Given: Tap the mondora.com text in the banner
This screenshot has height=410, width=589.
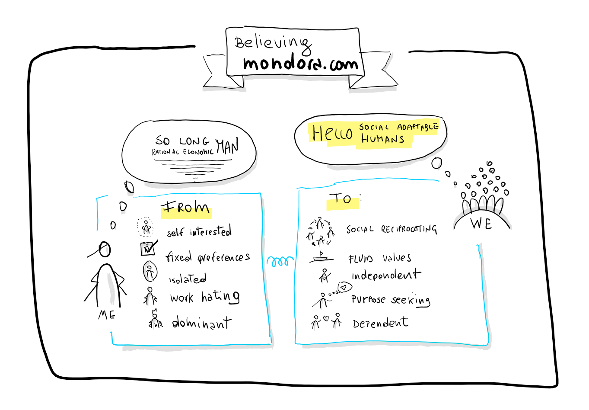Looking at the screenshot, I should pyautogui.click(x=300, y=64).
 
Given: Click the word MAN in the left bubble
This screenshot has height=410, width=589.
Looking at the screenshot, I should pyautogui.click(x=227, y=147).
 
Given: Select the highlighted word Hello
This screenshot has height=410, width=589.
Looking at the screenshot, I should pyautogui.click(x=332, y=133).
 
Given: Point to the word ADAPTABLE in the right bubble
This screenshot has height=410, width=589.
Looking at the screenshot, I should pyautogui.click(x=417, y=127).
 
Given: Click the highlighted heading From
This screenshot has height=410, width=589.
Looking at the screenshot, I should pyautogui.click(x=186, y=208).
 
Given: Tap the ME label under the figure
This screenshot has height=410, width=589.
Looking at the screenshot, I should pyautogui.click(x=107, y=314).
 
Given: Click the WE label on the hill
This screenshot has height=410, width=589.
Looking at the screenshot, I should pyautogui.click(x=481, y=224).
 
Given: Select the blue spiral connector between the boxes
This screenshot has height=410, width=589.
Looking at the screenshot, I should pyautogui.click(x=280, y=261).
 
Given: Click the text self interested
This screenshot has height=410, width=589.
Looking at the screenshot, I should pyautogui.click(x=199, y=232).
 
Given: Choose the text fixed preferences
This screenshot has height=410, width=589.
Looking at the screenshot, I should pyautogui.click(x=207, y=257).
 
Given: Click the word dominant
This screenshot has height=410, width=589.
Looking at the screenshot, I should pyautogui.click(x=201, y=323).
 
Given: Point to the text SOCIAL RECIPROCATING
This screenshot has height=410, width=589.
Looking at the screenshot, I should pyautogui.click(x=391, y=229).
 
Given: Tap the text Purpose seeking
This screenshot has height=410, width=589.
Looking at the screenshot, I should pyautogui.click(x=390, y=299).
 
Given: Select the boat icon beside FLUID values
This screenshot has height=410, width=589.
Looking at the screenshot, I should pyautogui.click(x=321, y=257).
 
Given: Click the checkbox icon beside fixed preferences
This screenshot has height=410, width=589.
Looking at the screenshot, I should pyautogui.click(x=148, y=248).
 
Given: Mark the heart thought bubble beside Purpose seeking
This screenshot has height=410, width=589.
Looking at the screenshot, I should pyautogui.click(x=344, y=287).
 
